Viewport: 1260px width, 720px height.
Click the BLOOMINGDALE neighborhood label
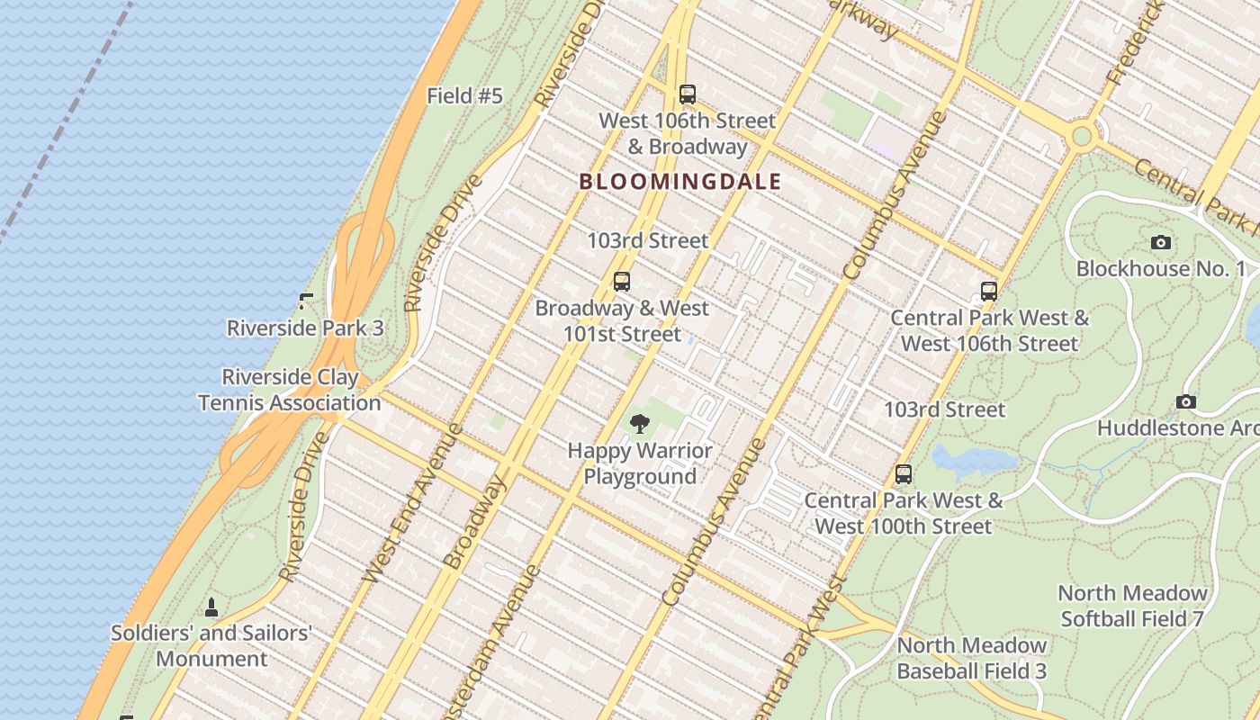[x=679, y=182]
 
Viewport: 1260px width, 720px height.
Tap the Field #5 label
[x=464, y=95]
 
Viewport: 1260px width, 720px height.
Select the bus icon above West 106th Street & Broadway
[x=688, y=94]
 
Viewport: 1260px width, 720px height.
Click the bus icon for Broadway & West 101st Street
[x=622, y=282]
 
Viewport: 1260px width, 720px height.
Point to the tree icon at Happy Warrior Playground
[x=640, y=424]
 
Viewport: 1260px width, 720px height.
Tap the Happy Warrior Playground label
[x=640, y=463]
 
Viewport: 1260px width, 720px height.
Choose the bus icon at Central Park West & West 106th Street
[x=989, y=292]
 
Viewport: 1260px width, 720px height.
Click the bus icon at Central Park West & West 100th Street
[x=904, y=474]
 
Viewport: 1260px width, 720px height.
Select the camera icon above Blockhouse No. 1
[x=1161, y=242]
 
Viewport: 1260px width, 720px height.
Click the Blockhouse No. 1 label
[x=1161, y=268]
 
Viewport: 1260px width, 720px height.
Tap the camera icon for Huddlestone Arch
[x=1186, y=402]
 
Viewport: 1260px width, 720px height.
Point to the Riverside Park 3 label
[x=305, y=328]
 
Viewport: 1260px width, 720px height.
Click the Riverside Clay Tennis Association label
[x=290, y=390]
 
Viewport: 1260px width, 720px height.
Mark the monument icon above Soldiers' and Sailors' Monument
[x=211, y=607]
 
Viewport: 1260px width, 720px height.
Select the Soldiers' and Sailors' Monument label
[x=211, y=645]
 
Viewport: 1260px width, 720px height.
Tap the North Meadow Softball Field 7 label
[x=1132, y=606]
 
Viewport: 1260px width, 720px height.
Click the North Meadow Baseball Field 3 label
[x=972, y=658]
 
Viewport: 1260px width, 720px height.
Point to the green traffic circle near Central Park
[x=1082, y=136]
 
